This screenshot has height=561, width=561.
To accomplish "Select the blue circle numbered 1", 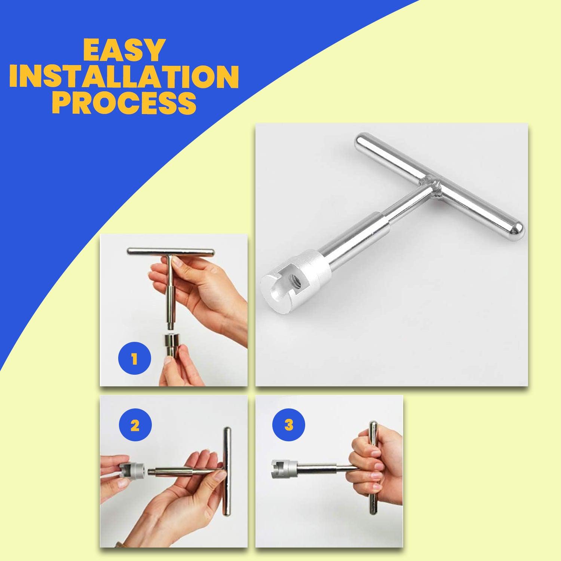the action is [x=135, y=360].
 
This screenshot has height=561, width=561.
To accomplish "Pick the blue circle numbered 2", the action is [x=135, y=426].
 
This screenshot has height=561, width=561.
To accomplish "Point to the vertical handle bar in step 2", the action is [x=227, y=473].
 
